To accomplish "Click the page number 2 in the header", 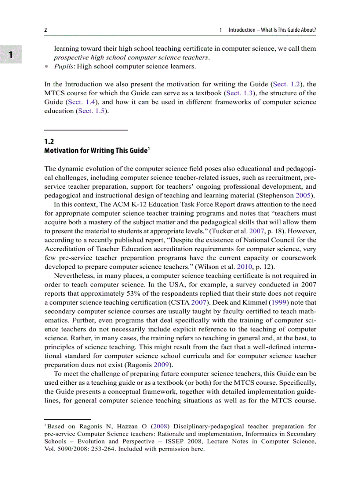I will (x=45, y=30).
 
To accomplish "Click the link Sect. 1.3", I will (x=239, y=93).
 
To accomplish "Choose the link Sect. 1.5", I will (x=92, y=111).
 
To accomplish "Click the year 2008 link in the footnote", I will (x=161, y=426).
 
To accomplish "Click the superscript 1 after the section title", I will (x=149, y=149).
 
